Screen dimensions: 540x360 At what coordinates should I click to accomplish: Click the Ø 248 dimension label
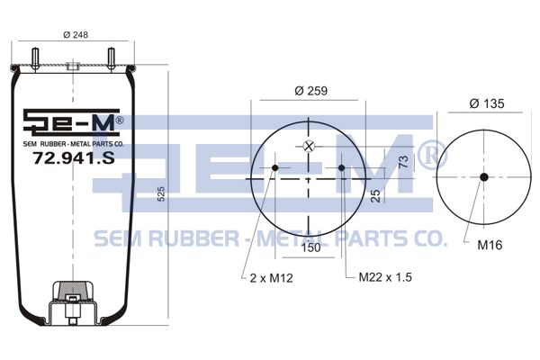(x=76, y=34)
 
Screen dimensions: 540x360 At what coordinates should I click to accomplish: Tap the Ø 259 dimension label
(x=310, y=91)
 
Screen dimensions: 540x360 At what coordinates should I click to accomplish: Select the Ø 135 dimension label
(x=487, y=103)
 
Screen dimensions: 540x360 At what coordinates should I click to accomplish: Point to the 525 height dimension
(x=161, y=194)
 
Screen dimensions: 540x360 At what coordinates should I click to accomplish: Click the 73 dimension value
(x=403, y=162)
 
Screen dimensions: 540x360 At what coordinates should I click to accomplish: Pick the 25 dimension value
(x=376, y=195)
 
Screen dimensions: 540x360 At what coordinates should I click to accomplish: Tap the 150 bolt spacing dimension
(x=310, y=247)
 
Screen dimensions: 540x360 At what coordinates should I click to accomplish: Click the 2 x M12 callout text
(x=272, y=278)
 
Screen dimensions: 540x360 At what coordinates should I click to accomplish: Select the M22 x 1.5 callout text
(x=385, y=277)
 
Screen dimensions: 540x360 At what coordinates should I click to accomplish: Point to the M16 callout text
(x=490, y=245)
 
